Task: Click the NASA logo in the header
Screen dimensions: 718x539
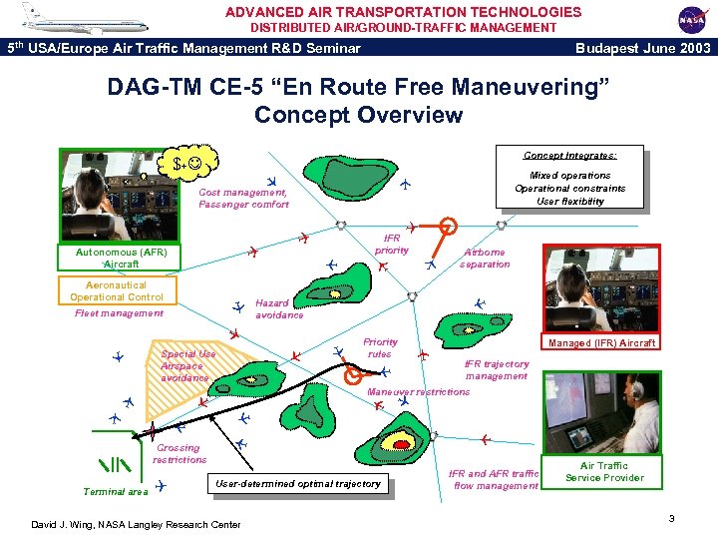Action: [x=691, y=18]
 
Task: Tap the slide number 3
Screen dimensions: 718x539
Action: [x=672, y=518]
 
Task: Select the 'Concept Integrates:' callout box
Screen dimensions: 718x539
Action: [x=569, y=181]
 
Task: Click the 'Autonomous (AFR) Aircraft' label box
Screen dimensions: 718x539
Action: [x=121, y=258]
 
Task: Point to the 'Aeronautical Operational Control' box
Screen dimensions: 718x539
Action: [x=117, y=290]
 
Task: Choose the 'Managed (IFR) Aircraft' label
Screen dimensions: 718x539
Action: [x=601, y=342]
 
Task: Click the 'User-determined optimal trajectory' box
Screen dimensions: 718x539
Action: [x=298, y=483]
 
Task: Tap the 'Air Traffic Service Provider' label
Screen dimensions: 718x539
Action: [x=604, y=471]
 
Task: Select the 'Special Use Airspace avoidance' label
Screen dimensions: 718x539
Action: [x=187, y=365]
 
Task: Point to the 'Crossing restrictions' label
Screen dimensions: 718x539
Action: [x=179, y=454]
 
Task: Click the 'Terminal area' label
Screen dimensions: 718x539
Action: [x=116, y=491]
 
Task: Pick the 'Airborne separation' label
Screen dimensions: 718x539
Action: [x=486, y=259]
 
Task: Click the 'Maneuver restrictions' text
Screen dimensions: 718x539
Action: [x=418, y=392]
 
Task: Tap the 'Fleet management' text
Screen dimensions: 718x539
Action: [x=119, y=312]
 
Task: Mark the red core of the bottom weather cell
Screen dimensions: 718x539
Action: [x=401, y=443]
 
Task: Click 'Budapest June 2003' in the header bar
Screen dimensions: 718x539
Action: [x=643, y=47]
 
